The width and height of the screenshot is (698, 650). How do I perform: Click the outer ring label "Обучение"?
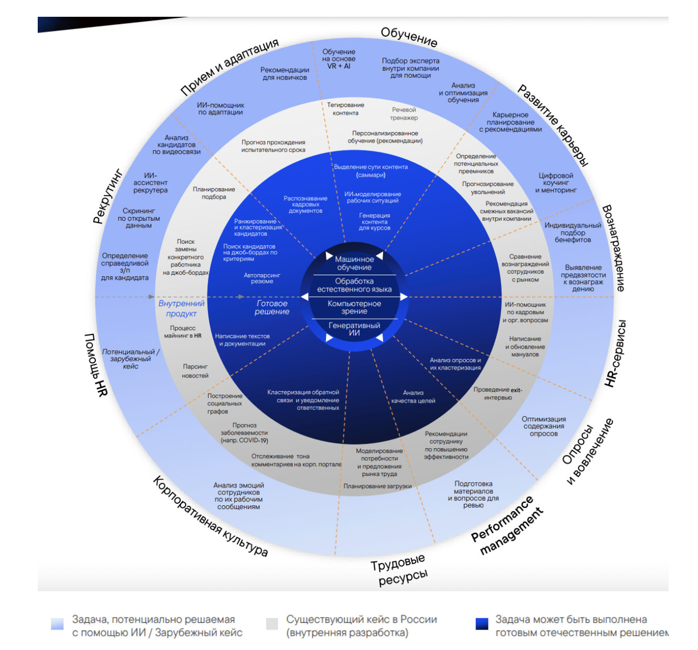(x=409, y=37)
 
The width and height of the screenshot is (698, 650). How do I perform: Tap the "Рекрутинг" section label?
(x=107, y=196)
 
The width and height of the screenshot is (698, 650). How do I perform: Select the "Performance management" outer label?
(x=507, y=526)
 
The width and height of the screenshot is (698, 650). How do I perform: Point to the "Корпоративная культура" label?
(x=210, y=516)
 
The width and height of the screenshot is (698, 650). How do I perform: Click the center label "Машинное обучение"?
(x=354, y=263)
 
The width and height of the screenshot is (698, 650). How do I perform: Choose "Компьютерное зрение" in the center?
(x=354, y=307)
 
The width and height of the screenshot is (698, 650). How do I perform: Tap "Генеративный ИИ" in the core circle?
(x=354, y=329)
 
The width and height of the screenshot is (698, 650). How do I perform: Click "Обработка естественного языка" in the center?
(x=354, y=285)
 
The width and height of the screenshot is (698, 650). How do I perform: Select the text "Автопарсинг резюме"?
(x=262, y=278)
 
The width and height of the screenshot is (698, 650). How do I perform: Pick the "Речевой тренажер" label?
(x=404, y=114)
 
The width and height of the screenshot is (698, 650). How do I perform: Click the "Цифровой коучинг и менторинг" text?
(x=555, y=183)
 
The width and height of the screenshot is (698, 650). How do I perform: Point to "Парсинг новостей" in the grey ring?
(x=195, y=371)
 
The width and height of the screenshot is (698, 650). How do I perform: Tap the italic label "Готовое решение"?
(x=272, y=307)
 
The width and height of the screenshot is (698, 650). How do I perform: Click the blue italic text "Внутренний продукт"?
(x=181, y=308)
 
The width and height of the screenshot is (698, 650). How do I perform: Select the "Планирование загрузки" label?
(x=377, y=486)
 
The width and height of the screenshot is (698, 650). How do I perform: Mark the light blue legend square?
(x=57, y=624)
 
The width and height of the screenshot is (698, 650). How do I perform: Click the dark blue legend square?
(x=482, y=624)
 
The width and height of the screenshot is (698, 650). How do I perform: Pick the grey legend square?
(x=272, y=624)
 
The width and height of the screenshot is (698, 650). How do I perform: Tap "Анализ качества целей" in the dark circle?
(x=413, y=397)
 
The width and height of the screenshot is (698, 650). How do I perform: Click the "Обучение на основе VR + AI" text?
(x=339, y=59)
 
